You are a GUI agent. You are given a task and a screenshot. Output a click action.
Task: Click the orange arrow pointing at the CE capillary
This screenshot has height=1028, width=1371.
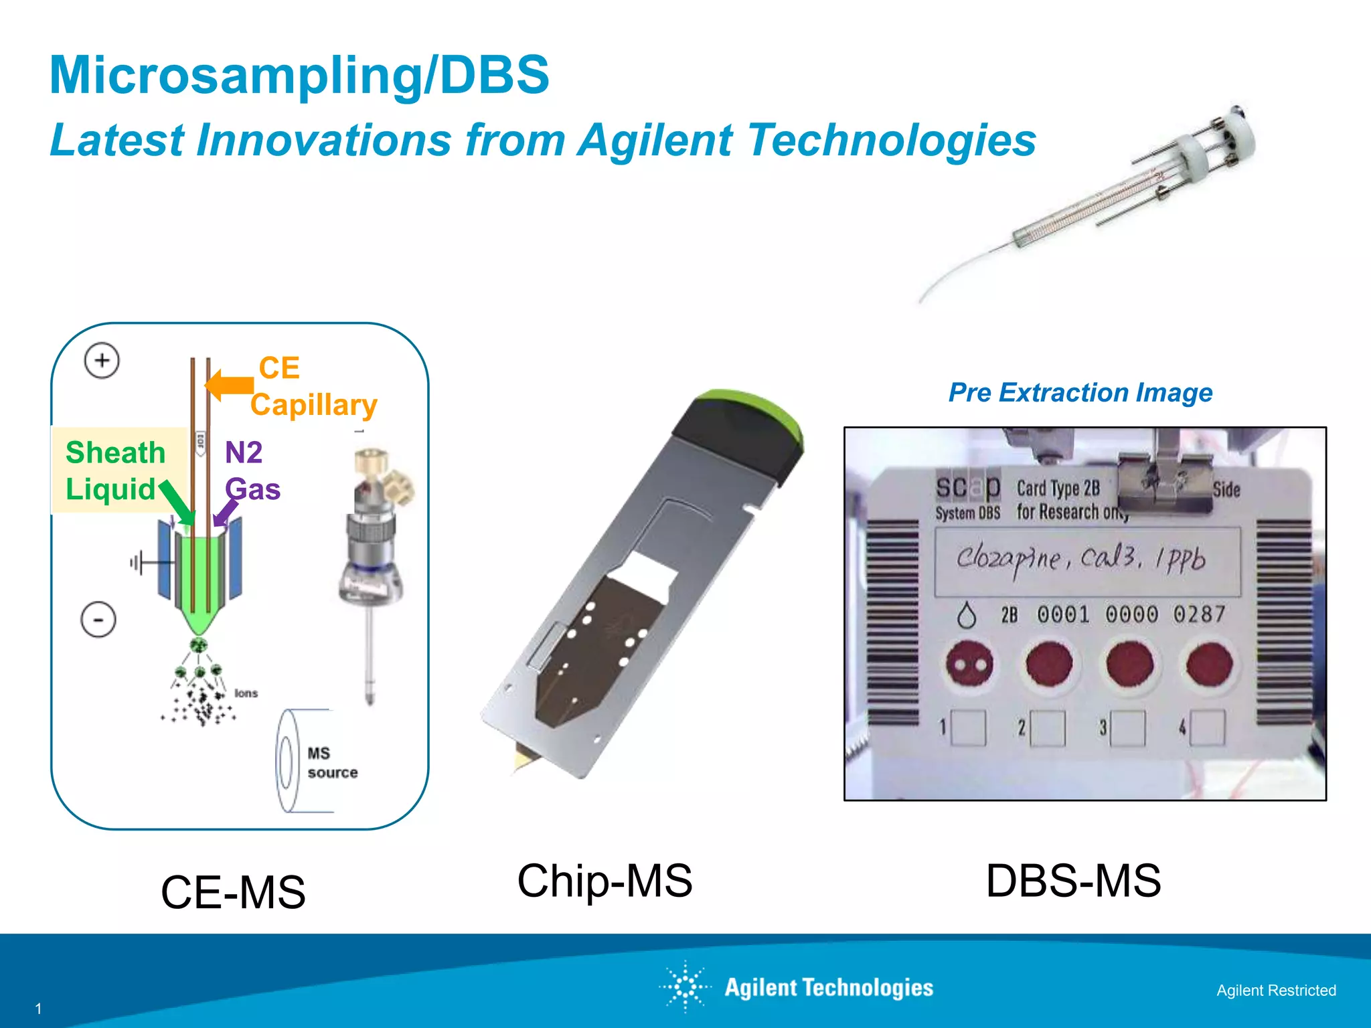(229, 385)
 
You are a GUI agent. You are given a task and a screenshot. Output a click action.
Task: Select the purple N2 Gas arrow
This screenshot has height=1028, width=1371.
(226, 512)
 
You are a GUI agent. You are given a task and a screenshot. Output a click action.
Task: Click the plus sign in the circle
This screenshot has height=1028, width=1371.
(102, 361)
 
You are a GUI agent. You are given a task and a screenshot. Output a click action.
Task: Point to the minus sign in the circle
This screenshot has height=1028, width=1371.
(98, 620)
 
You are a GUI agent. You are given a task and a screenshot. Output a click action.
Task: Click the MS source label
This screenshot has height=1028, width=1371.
(332, 763)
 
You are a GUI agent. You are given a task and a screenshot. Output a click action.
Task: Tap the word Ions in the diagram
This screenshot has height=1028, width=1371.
(246, 693)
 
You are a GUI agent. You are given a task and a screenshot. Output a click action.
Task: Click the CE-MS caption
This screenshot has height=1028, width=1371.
(233, 892)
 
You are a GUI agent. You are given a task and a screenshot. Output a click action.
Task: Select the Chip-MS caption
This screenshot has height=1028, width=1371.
(604, 881)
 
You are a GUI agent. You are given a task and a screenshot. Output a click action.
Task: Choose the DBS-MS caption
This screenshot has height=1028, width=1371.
(1073, 881)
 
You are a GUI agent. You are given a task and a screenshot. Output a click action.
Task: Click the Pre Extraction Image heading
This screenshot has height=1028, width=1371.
(1080, 392)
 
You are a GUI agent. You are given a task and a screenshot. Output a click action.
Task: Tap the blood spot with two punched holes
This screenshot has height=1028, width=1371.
(968, 664)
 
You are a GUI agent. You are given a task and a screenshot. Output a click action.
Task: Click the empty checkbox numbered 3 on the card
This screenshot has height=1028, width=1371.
(1127, 727)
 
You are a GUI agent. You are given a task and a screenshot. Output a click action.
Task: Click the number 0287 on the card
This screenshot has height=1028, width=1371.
(1199, 614)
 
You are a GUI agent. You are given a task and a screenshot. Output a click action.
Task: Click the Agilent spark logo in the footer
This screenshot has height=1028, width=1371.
(685, 987)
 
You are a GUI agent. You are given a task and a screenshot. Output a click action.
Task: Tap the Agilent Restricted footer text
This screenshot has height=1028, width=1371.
(1276, 991)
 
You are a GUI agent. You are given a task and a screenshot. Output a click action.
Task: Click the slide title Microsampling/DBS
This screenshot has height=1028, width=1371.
(299, 74)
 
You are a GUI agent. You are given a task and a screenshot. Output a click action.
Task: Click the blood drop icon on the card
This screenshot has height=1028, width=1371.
(966, 615)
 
